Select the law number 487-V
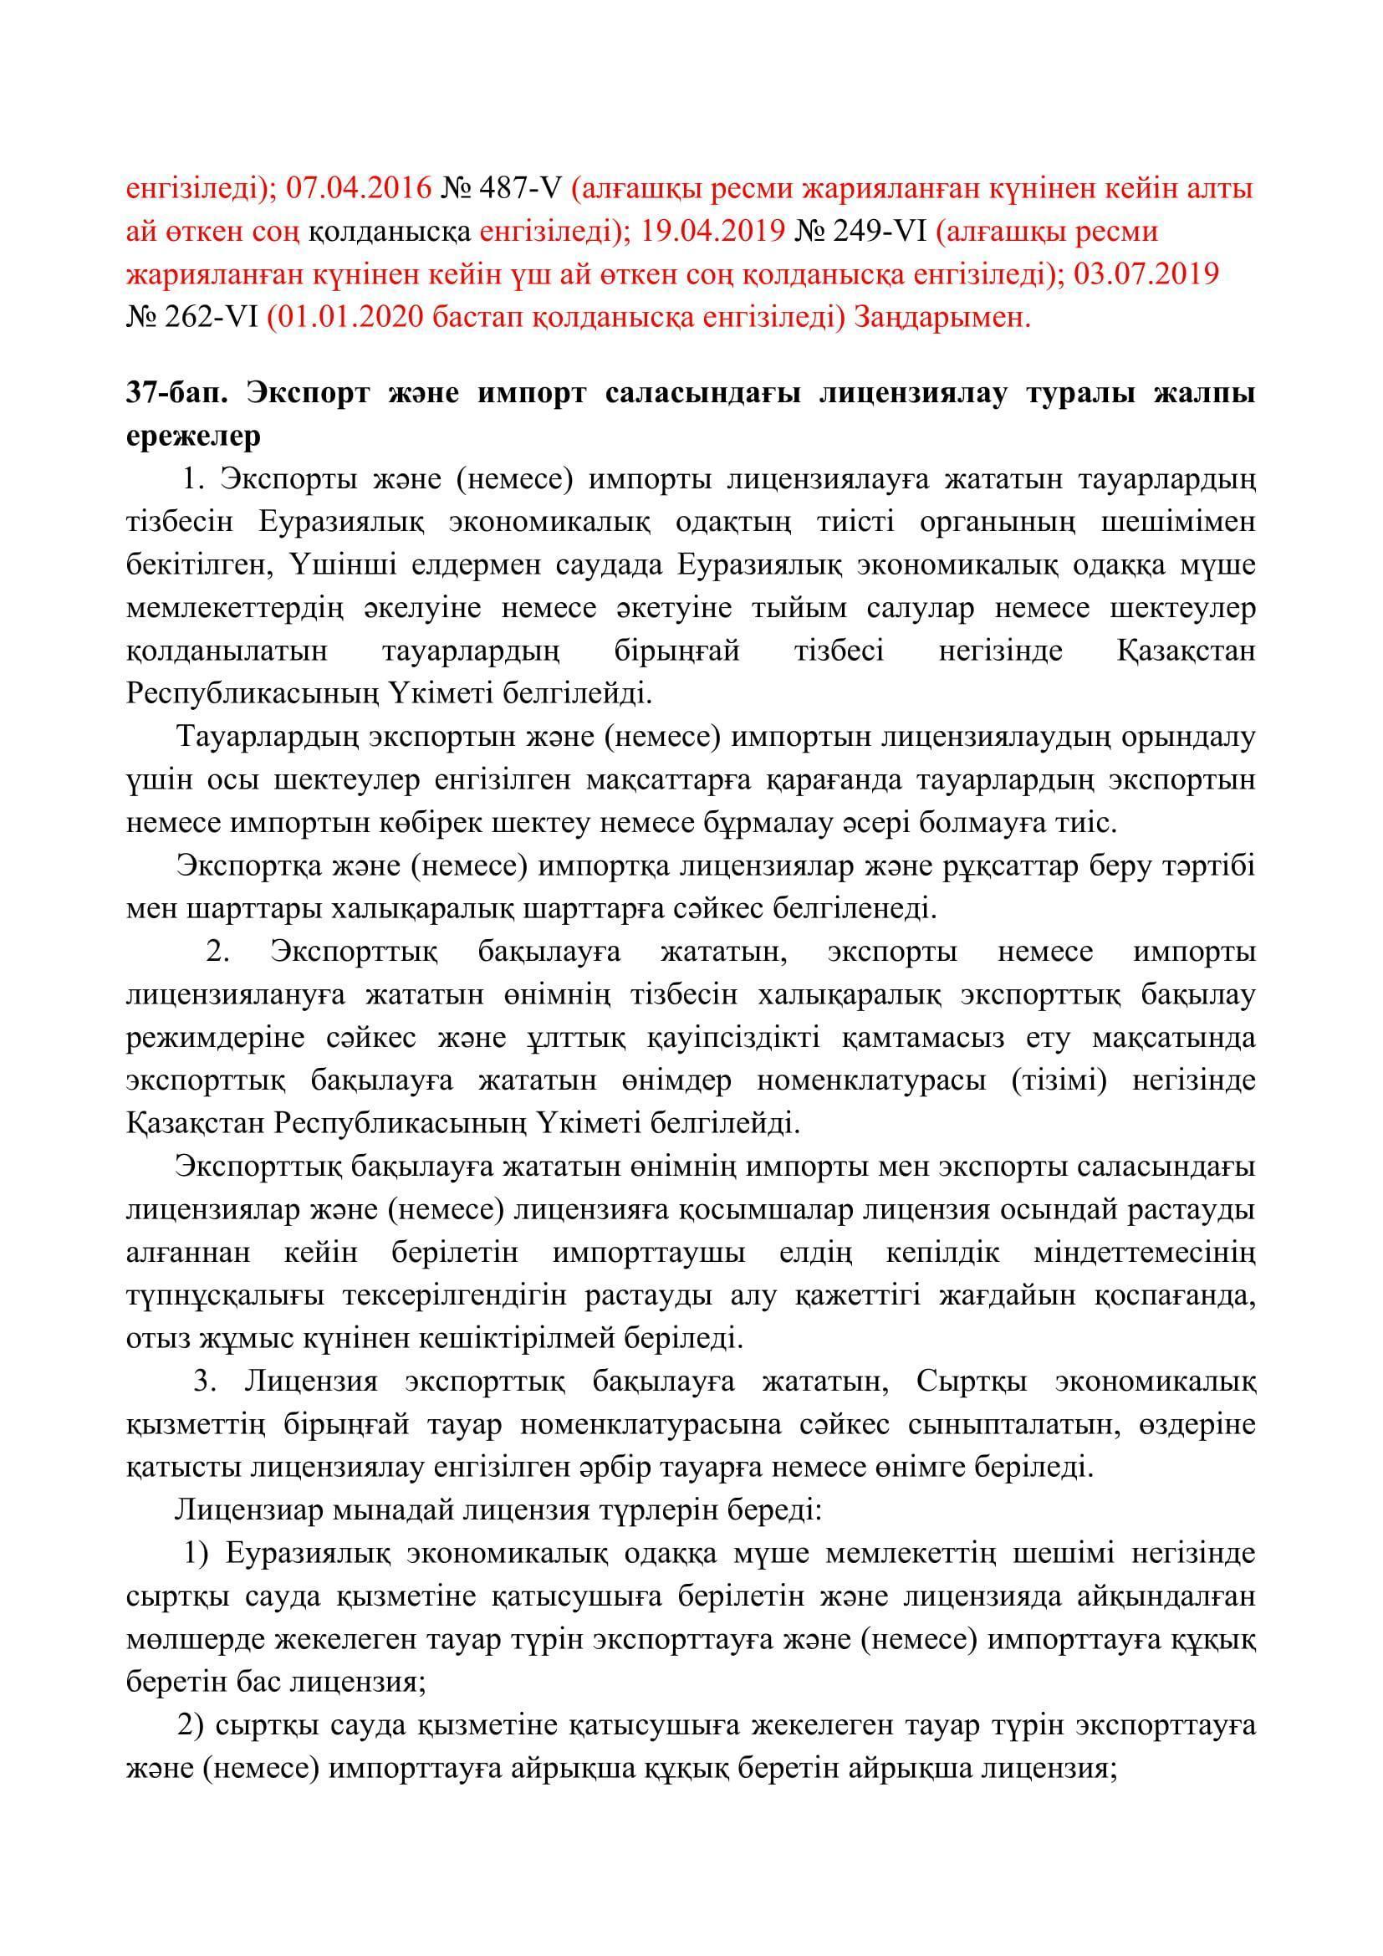click(525, 189)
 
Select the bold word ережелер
click(193, 437)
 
